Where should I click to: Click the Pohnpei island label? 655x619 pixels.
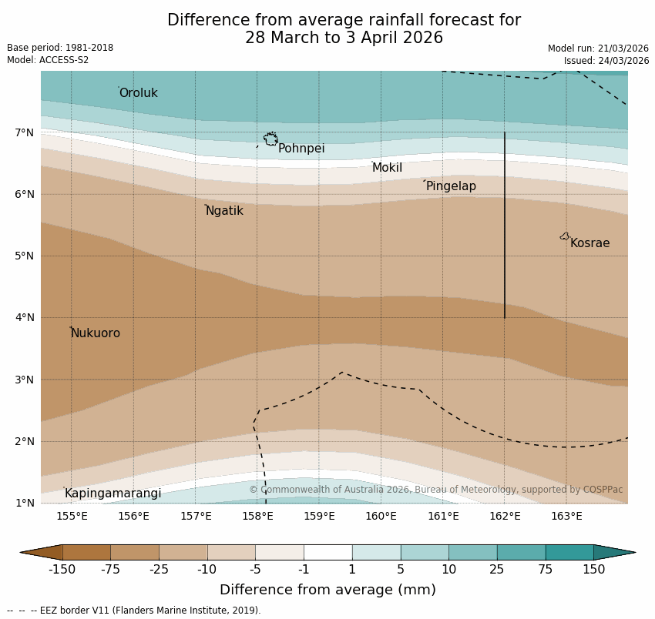pos(301,149)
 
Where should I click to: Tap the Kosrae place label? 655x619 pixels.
pos(589,243)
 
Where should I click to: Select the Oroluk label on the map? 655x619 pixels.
pos(138,93)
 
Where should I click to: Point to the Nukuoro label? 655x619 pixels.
pos(96,333)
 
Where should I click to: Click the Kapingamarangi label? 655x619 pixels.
pos(113,494)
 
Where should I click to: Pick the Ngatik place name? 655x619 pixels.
pos(224,211)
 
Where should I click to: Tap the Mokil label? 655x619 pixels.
pos(387,168)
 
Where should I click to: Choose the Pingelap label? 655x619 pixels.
pos(451,186)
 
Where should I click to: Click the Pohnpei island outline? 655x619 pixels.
pos(270,139)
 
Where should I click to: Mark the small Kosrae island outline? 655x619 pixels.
pos(565,236)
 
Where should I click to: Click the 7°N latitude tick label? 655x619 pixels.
pos(24,132)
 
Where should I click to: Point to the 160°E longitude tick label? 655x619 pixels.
pos(381,516)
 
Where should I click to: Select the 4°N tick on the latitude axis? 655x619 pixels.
pos(24,317)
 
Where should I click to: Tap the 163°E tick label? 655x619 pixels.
pos(566,516)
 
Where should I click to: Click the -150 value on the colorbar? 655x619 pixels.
pos(62,570)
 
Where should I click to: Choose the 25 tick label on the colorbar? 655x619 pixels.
pos(497,570)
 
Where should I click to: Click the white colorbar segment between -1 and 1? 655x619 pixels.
pos(327,552)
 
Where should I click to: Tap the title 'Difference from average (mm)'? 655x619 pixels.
pos(327,590)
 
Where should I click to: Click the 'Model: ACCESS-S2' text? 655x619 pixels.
pos(48,60)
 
